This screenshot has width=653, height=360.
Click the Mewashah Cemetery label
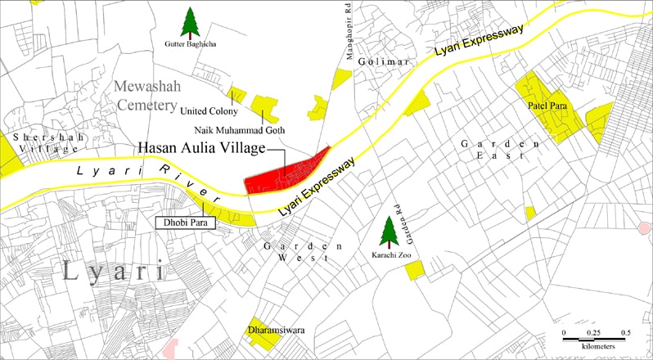tap(146, 95)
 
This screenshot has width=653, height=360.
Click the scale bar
tap(594, 337)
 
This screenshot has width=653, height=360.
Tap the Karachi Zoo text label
tap(390, 254)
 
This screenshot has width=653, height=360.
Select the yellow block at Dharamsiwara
tap(265, 328)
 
